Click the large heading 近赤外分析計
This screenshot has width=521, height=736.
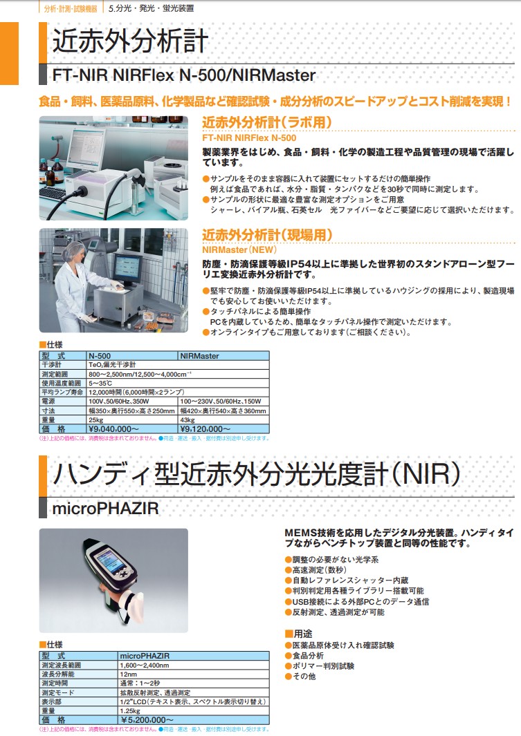pos(130,41)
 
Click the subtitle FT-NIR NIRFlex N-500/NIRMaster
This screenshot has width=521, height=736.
pos(184,75)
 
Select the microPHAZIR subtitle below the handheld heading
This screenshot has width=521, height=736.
pos(106,509)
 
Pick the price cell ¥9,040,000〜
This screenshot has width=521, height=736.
pos(109,428)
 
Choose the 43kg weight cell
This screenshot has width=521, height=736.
pos(188,419)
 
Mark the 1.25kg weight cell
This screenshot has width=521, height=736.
pos(130,710)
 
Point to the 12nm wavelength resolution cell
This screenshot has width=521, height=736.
pos(129,674)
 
